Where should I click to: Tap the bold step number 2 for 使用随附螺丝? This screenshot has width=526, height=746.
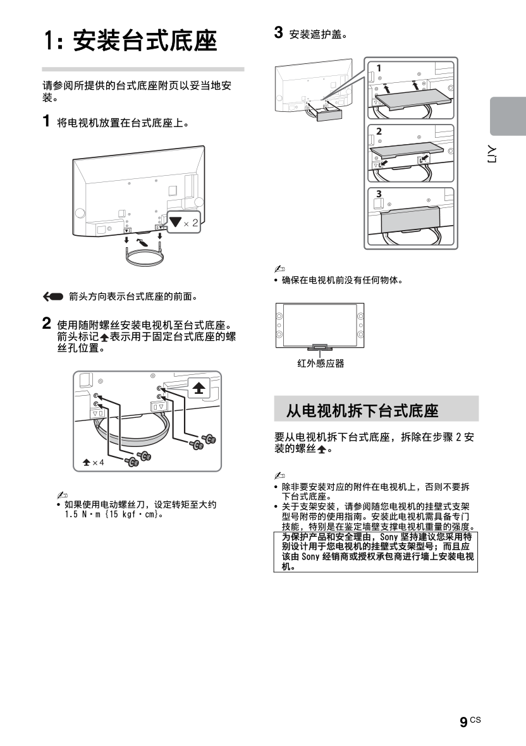[x=47, y=324]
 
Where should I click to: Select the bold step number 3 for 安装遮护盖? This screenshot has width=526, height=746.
[x=278, y=32]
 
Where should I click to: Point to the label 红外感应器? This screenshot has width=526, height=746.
[x=321, y=364]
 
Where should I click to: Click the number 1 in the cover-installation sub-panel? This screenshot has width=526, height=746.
[x=378, y=68]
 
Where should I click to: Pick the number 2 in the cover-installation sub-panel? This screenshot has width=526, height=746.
[x=378, y=131]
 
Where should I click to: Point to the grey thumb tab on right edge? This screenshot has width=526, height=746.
[x=508, y=116]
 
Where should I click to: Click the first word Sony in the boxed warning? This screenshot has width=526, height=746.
[x=388, y=537]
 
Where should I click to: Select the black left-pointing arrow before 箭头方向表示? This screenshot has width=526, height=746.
[x=54, y=296]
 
